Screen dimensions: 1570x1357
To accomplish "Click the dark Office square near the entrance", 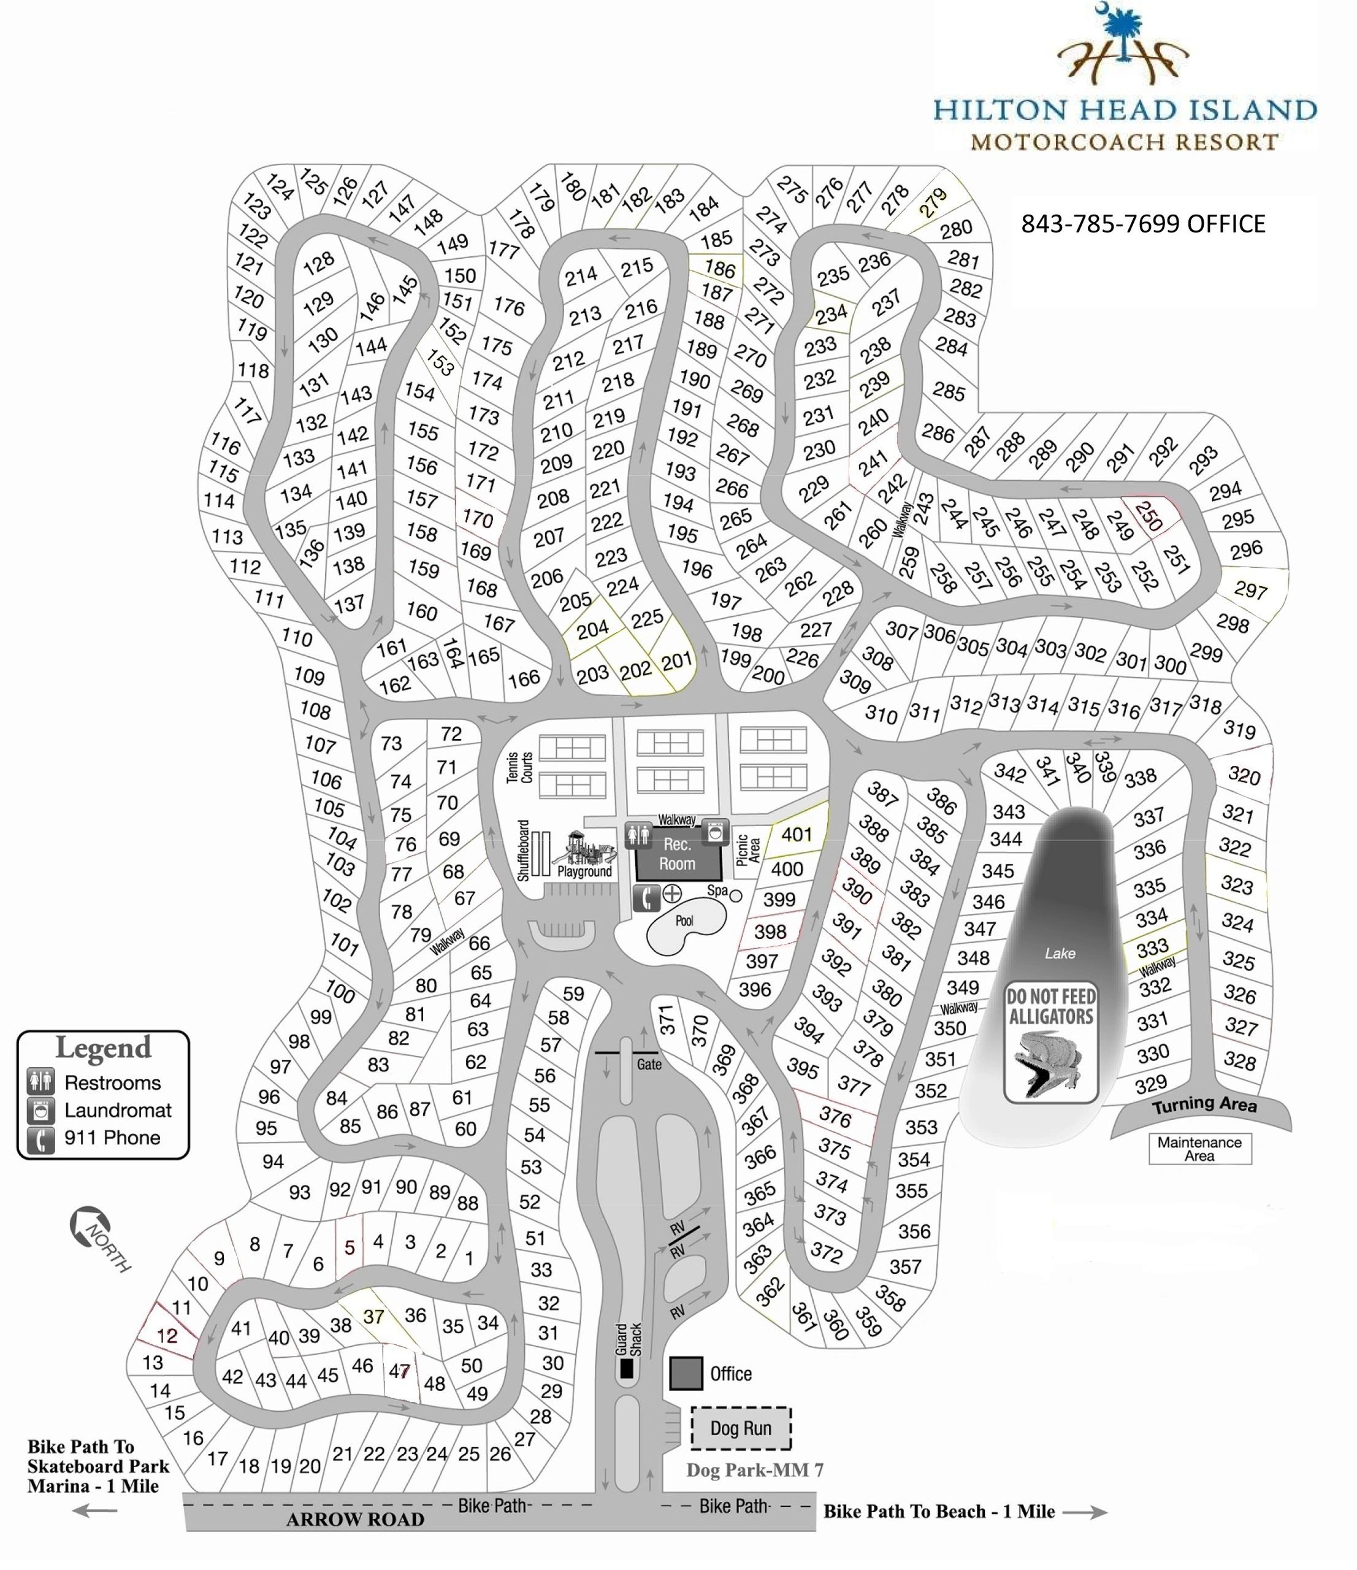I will pyautogui.click(x=686, y=1374).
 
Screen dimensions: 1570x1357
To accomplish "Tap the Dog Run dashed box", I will pyautogui.click(x=740, y=1428).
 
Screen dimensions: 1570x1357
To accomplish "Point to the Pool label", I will pyautogui.click(x=684, y=921).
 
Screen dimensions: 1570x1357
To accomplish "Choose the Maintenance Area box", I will pyautogui.click(x=1199, y=1149).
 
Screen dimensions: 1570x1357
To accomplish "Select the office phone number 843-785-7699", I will pyautogui.click(x=1142, y=223).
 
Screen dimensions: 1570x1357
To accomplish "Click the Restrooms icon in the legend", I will pyautogui.click(x=41, y=1082).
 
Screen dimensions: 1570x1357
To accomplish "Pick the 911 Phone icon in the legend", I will pyautogui.click(x=41, y=1138).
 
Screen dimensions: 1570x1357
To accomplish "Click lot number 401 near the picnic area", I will pyautogui.click(x=797, y=834).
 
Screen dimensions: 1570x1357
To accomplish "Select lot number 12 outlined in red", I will pyautogui.click(x=167, y=1336).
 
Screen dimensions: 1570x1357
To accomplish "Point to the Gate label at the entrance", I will pyautogui.click(x=649, y=1065).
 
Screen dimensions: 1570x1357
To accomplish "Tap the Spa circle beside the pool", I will pyautogui.click(x=735, y=895).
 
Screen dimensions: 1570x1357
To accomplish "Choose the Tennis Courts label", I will pyautogui.click(x=520, y=767).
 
